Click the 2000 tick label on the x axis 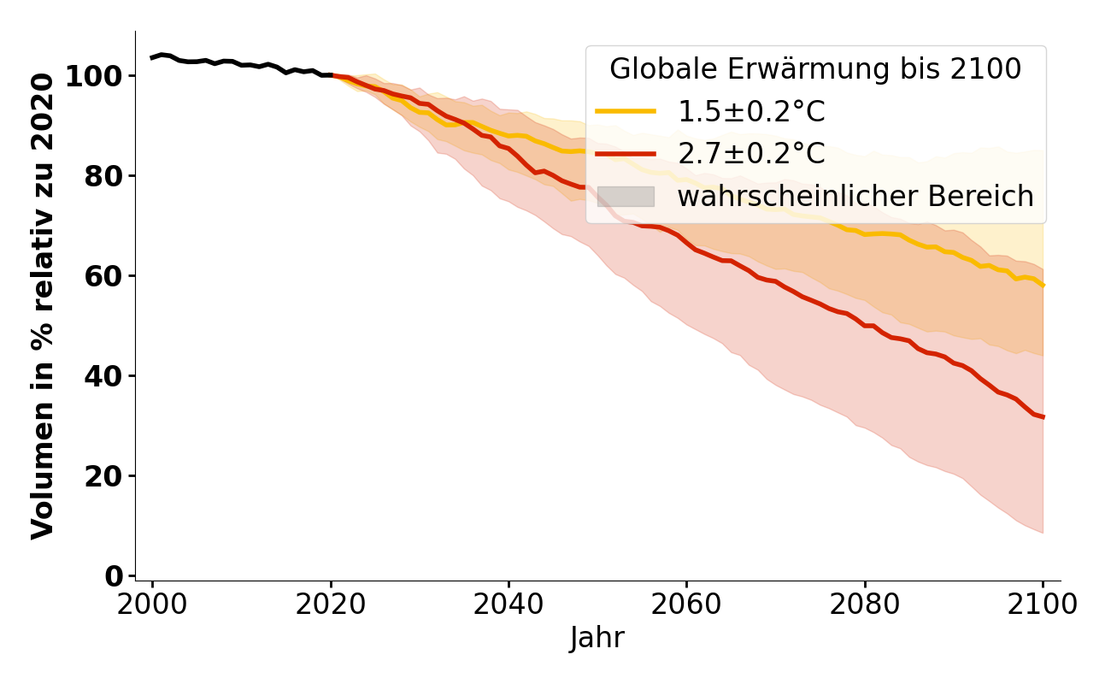[152, 604]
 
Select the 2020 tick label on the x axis [330, 604]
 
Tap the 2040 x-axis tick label [508, 604]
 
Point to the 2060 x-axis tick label [686, 604]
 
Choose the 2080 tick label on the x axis [865, 604]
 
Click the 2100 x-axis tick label [1043, 604]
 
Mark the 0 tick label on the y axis [115, 576]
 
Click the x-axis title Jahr [597, 638]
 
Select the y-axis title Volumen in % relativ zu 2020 [43, 306]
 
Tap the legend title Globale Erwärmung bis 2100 [815, 69]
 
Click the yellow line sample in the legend [626, 111]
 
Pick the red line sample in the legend [626, 154]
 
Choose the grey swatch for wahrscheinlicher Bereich [626, 197]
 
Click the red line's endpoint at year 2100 [1043, 417]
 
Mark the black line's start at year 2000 [152, 57]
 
